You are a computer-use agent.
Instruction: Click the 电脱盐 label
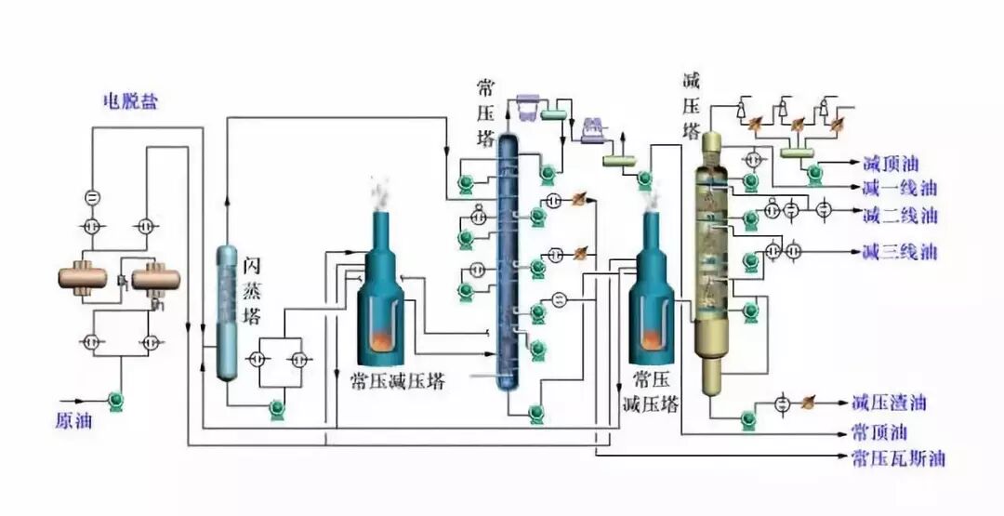[130, 101]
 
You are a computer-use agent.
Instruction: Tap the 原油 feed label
[73, 420]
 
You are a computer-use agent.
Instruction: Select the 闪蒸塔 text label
[252, 290]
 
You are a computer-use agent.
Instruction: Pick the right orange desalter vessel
[155, 278]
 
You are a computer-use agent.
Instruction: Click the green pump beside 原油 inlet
[116, 401]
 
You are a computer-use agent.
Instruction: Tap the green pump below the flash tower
[276, 408]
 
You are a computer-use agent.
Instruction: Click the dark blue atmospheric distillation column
[508, 260]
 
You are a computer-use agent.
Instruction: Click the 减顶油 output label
[892, 165]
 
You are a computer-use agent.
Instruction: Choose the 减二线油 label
[899, 216]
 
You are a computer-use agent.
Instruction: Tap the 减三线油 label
[899, 251]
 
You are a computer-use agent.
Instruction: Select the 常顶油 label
[879, 433]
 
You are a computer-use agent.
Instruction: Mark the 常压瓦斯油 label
[898, 458]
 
